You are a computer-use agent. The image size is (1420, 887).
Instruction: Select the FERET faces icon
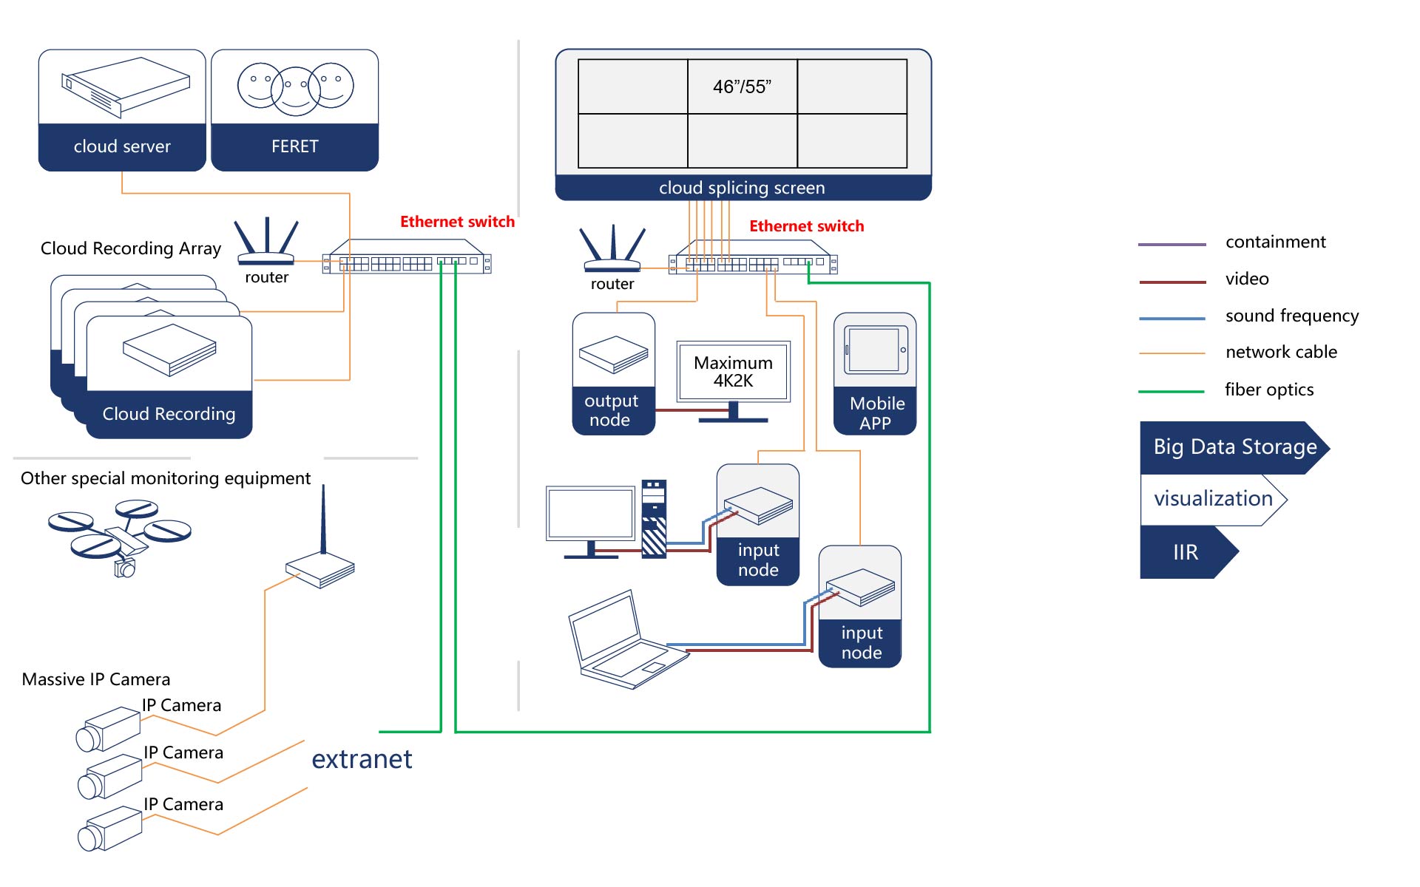[x=295, y=88]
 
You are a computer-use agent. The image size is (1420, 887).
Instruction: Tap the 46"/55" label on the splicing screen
[x=742, y=86]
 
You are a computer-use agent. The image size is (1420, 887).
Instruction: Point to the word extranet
[x=362, y=759]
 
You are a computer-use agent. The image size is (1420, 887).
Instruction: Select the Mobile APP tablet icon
[x=876, y=350]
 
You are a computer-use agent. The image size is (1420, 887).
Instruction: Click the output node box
[x=613, y=373]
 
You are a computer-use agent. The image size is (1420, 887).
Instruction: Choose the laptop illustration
[x=625, y=642]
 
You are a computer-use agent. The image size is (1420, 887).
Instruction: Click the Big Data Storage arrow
[x=1234, y=447]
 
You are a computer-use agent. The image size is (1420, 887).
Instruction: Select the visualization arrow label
[x=1213, y=499]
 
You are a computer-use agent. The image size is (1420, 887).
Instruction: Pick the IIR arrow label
[x=1186, y=552]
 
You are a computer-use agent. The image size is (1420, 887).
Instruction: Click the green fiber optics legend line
[x=1171, y=391]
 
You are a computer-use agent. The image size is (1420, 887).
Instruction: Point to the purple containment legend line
[x=1171, y=244]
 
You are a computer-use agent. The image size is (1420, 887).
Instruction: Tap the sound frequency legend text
[x=1291, y=316]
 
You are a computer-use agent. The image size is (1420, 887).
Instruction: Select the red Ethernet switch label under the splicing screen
[x=806, y=226]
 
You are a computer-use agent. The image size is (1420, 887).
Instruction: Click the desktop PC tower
[x=654, y=519]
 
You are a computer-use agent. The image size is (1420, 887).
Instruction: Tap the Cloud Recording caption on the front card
[x=169, y=414]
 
